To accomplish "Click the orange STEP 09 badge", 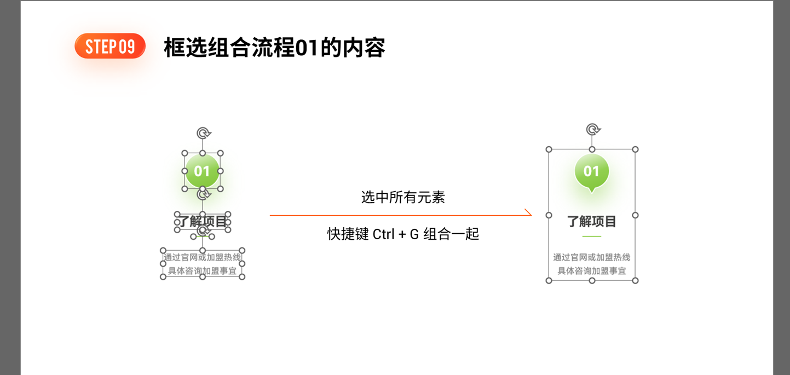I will point(110,46).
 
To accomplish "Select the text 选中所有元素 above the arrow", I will point(403,198).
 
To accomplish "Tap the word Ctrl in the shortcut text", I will point(383,234).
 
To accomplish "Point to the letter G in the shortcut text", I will point(414,234).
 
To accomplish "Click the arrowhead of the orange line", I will point(528,212).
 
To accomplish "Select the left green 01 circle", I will point(203,171).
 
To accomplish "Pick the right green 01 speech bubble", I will point(592,172).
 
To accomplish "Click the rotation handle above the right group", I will point(593,130).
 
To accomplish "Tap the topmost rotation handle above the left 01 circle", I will point(204,133).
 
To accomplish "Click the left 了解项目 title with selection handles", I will point(203,222).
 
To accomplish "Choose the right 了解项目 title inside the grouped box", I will point(592,222).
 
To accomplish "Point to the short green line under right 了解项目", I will point(592,236).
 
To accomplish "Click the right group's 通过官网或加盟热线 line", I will point(592,257).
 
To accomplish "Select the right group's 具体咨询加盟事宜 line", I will point(592,271).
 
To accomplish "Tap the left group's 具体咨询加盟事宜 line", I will point(203,271).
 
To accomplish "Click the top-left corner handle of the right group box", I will point(549,149).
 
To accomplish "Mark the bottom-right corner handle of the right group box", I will point(636,281).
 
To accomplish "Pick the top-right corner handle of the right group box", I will point(636,149).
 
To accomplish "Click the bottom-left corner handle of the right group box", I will point(549,281).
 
